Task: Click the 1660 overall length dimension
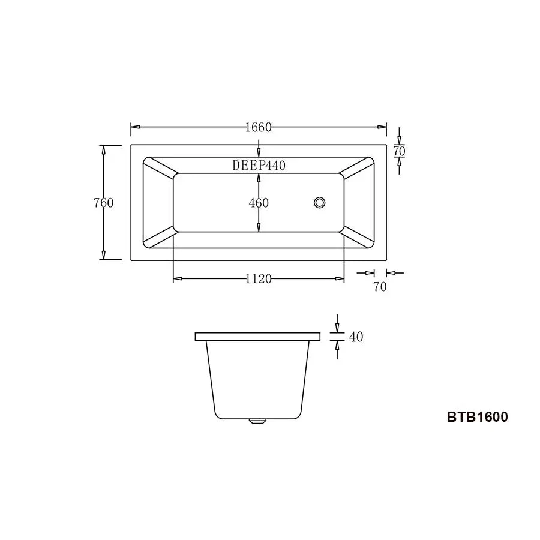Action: pos(259,127)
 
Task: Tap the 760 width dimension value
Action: pos(103,203)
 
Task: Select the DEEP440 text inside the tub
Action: pos(259,166)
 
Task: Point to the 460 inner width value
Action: pos(259,203)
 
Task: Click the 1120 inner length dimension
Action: pos(259,279)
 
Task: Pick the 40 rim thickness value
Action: pos(356,337)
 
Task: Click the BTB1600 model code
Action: pos(477,417)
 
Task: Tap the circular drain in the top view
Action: pos(320,202)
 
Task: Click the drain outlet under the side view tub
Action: pos(257,421)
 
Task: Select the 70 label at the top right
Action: pos(399,152)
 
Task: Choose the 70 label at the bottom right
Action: pos(380,287)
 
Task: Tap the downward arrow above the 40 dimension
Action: pos(337,326)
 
